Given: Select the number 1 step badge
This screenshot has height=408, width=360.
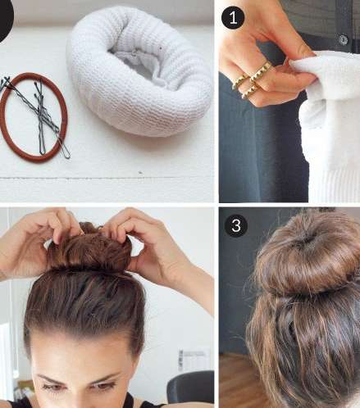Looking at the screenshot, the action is (x=233, y=18).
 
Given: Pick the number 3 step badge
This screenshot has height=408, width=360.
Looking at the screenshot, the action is (x=236, y=225).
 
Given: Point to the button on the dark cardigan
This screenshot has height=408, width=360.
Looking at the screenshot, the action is (x=344, y=40).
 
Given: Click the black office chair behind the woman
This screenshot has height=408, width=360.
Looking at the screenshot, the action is (x=191, y=388).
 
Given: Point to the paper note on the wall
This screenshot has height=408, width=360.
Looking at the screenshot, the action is (x=194, y=360).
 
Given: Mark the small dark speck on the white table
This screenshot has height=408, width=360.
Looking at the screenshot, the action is (x=140, y=173).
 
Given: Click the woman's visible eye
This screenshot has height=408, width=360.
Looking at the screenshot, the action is (x=105, y=386).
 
